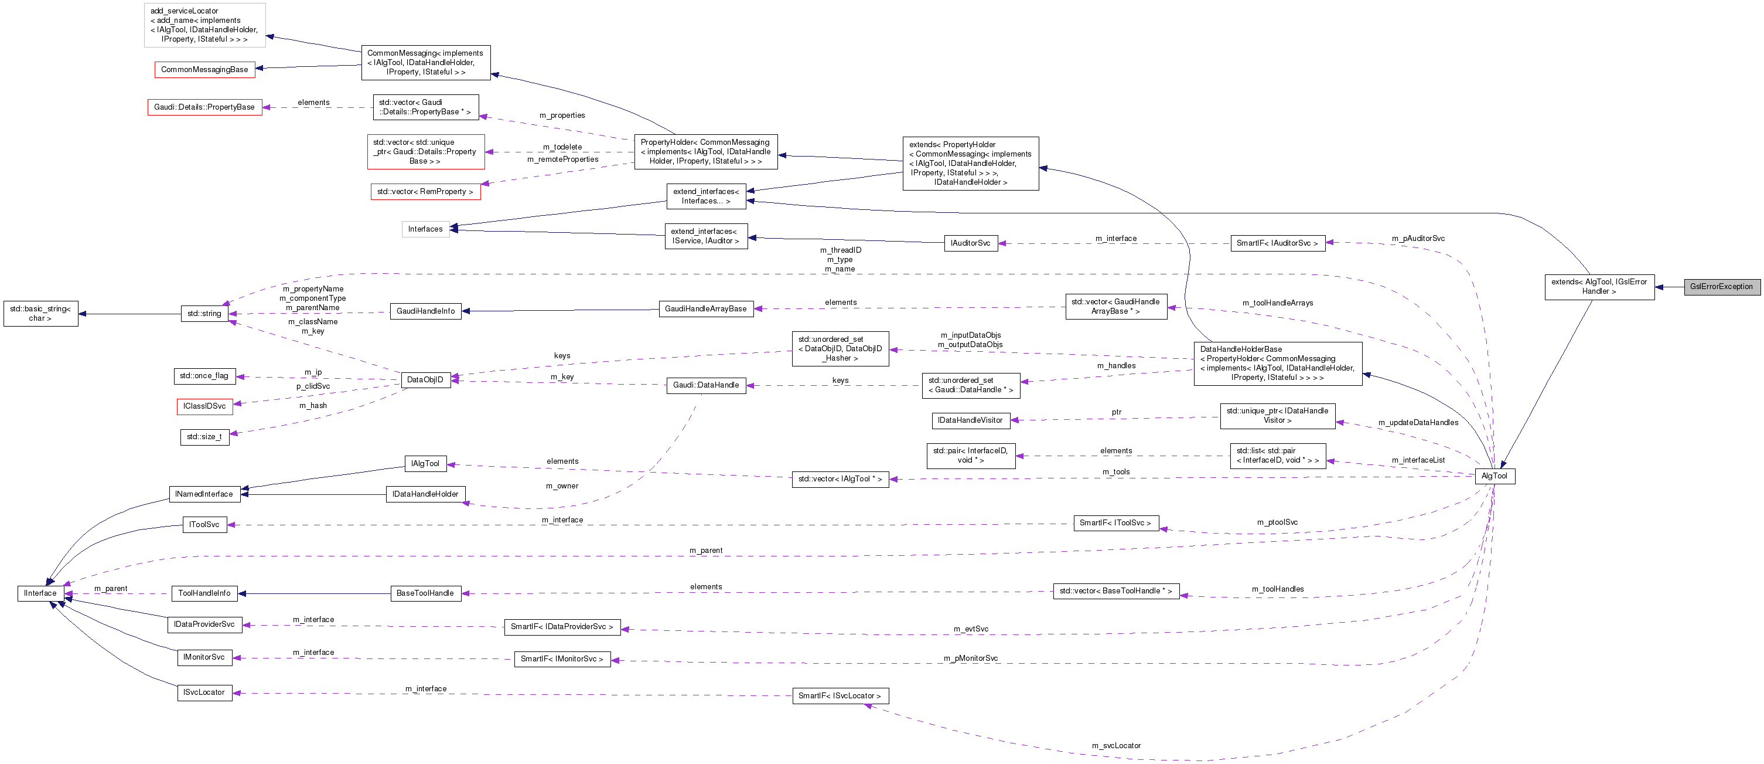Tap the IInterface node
coord(40,593)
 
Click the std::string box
coord(204,314)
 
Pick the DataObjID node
coord(425,379)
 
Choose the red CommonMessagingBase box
coord(204,69)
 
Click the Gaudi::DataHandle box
coord(705,385)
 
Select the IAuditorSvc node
coord(970,243)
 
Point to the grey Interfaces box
coord(425,229)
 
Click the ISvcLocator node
coord(203,692)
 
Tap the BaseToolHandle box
coord(425,593)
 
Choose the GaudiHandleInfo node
coord(425,311)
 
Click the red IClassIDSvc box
coord(204,406)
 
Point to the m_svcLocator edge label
coord(1116,745)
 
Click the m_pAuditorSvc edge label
coord(1418,239)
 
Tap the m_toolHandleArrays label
coord(1277,303)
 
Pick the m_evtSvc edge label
coord(970,629)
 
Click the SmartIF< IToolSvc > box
coord(1115,523)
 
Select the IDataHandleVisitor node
coord(970,420)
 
